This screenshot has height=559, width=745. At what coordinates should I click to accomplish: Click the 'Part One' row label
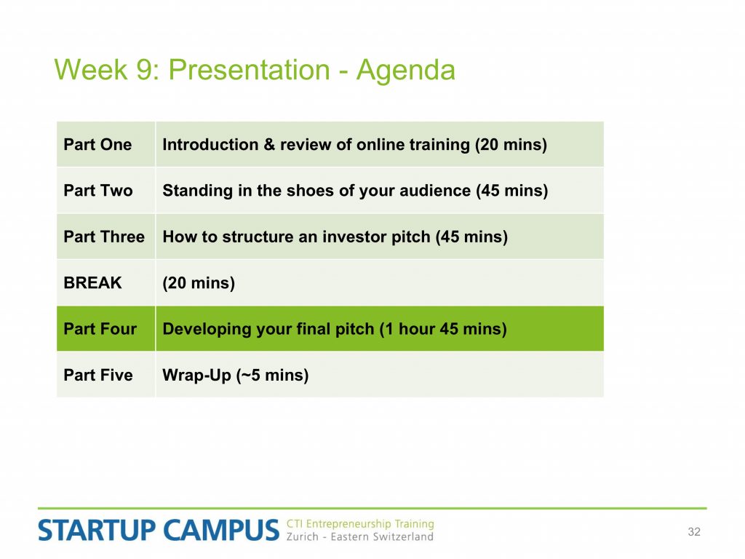(97, 145)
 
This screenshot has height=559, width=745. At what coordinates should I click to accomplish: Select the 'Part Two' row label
(98, 191)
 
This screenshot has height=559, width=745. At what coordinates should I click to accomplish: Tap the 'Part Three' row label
(104, 237)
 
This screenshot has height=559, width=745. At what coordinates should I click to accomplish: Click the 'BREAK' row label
(92, 283)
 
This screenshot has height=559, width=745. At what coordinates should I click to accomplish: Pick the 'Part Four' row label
(100, 329)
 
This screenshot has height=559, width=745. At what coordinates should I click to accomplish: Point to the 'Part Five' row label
(98, 375)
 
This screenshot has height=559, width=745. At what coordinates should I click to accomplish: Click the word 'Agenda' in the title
(406, 71)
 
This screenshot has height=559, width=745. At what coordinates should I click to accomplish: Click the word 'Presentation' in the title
(249, 70)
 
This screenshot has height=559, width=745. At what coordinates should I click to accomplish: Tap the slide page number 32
(694, 532)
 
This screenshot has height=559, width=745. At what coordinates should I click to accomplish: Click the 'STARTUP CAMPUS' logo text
(158, 531)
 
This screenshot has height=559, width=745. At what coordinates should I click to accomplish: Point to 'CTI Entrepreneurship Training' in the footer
(360, 524)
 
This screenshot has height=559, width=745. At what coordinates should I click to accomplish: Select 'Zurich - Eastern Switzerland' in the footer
(359, 536)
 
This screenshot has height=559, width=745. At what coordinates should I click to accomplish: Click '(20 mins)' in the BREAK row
(199, 283)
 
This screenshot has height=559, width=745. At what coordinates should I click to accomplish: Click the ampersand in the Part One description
(269, 145)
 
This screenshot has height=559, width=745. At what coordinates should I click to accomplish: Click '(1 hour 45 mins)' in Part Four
(443, 330)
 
